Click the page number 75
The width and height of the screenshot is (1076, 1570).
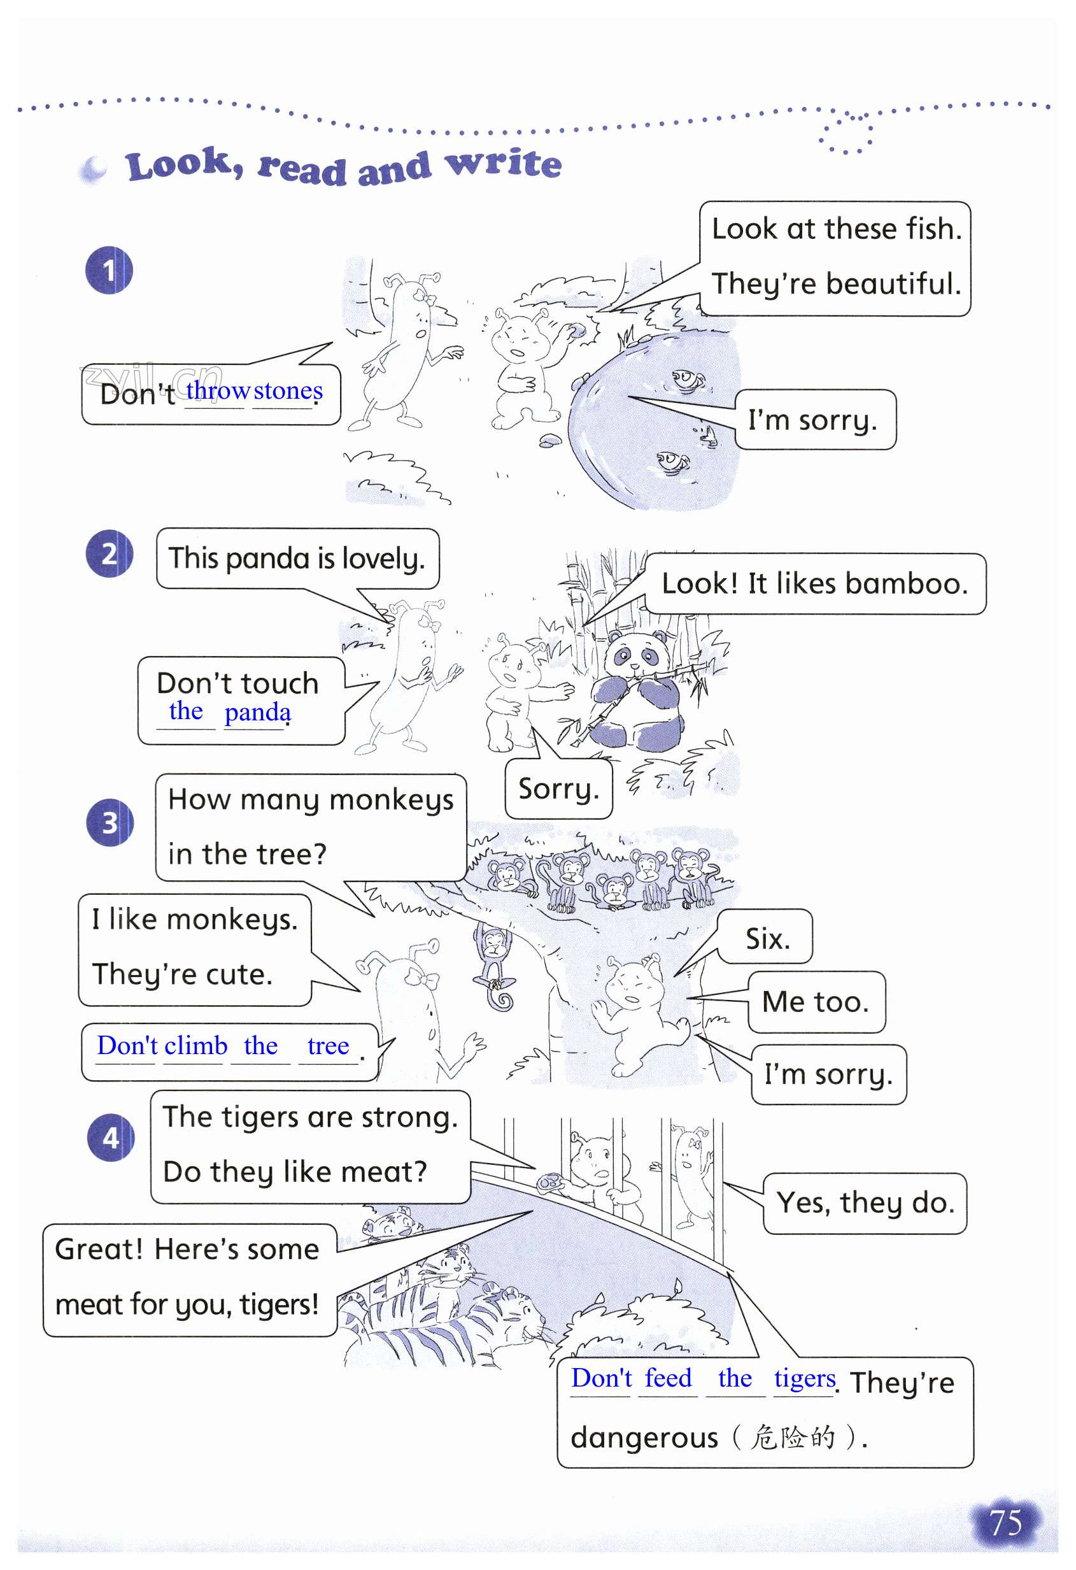[x=1005, y=1523]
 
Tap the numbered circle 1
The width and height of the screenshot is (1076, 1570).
[x=109, y=271]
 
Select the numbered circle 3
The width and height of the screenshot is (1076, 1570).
[x=110, y=823]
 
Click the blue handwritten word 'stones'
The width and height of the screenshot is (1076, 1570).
[x=288, y=391]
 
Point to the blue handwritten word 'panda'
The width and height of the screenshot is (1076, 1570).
[x=257, y=712]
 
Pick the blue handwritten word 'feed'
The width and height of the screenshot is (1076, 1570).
[x=667, y=1378]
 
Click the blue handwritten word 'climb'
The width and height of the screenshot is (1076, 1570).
[x=196, y=1046]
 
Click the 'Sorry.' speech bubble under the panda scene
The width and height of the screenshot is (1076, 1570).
[x=558, y=789]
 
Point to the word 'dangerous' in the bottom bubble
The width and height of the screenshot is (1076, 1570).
[x=644, y=1438]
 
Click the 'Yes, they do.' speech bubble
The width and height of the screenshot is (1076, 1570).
[x=865, y=1203]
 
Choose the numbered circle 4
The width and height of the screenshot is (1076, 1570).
[x=111, y=1138]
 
